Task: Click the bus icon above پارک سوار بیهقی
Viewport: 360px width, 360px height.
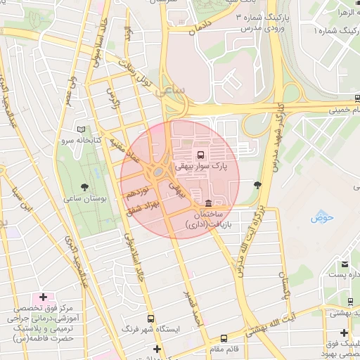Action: tap(202, 154)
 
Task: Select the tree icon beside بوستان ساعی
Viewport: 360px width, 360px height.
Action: tap(85, 187)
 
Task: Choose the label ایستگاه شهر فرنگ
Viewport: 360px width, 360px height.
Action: tap(152, 329)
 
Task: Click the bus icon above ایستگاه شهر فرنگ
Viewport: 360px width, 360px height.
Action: tap(151, 318)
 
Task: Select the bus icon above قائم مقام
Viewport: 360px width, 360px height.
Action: tap(224, 338)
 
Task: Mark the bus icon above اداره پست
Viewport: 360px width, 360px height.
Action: tap(345, 264)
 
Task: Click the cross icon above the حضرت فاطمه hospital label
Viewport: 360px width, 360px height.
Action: tap(44, 298)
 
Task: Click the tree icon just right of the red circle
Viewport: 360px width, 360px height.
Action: tap(257, 185)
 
